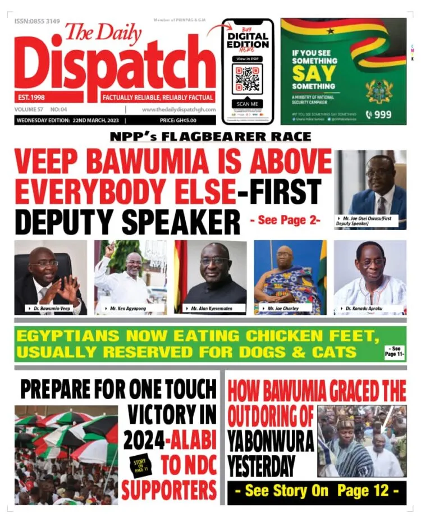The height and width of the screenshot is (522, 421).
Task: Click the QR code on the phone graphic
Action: [247, 80]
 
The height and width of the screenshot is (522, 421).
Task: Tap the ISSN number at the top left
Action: [37, 21]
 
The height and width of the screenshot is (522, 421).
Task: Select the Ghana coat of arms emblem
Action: [379, 91]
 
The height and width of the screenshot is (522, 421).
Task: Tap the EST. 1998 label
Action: [32, 97]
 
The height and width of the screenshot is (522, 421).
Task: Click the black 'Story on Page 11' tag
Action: [143, 464]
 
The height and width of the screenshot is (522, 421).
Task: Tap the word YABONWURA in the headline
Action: [271, 443]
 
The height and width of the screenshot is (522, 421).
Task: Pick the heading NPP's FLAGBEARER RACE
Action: [210, 138]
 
